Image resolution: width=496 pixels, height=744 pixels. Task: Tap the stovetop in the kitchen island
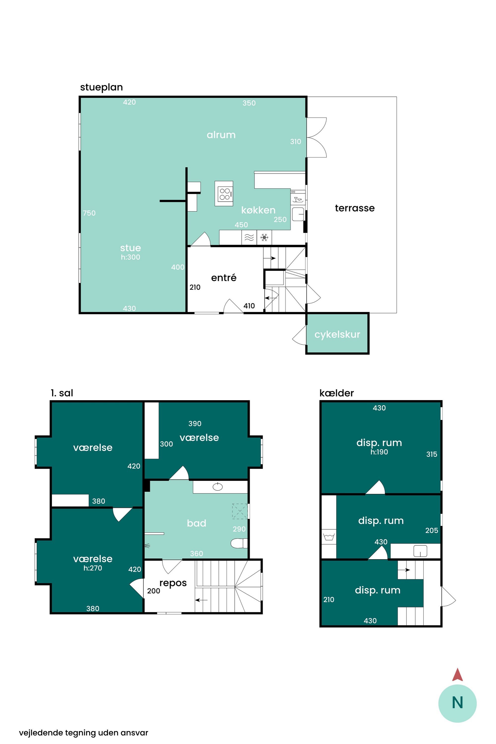point(225,194)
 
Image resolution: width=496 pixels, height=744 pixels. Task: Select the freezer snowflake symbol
point(264,237)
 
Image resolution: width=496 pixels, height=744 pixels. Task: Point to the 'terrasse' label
point(355,208)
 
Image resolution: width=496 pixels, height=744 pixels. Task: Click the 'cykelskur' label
point(337,334)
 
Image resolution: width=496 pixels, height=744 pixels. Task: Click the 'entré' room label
point(224,278)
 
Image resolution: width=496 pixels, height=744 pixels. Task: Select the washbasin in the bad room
point(218,487)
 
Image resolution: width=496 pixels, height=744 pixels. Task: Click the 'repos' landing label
point(173,583)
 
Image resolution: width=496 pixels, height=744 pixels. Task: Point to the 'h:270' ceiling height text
point(93,568)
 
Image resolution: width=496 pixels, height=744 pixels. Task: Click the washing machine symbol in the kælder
point(329,537)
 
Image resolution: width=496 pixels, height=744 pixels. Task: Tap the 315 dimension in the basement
point(432,454)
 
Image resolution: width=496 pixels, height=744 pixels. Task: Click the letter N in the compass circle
point(457,703)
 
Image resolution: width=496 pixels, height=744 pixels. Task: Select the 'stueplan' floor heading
point(101,87)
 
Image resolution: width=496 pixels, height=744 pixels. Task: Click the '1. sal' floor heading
point(62,393)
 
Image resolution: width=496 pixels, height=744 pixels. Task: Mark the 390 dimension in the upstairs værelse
point(195,424)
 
